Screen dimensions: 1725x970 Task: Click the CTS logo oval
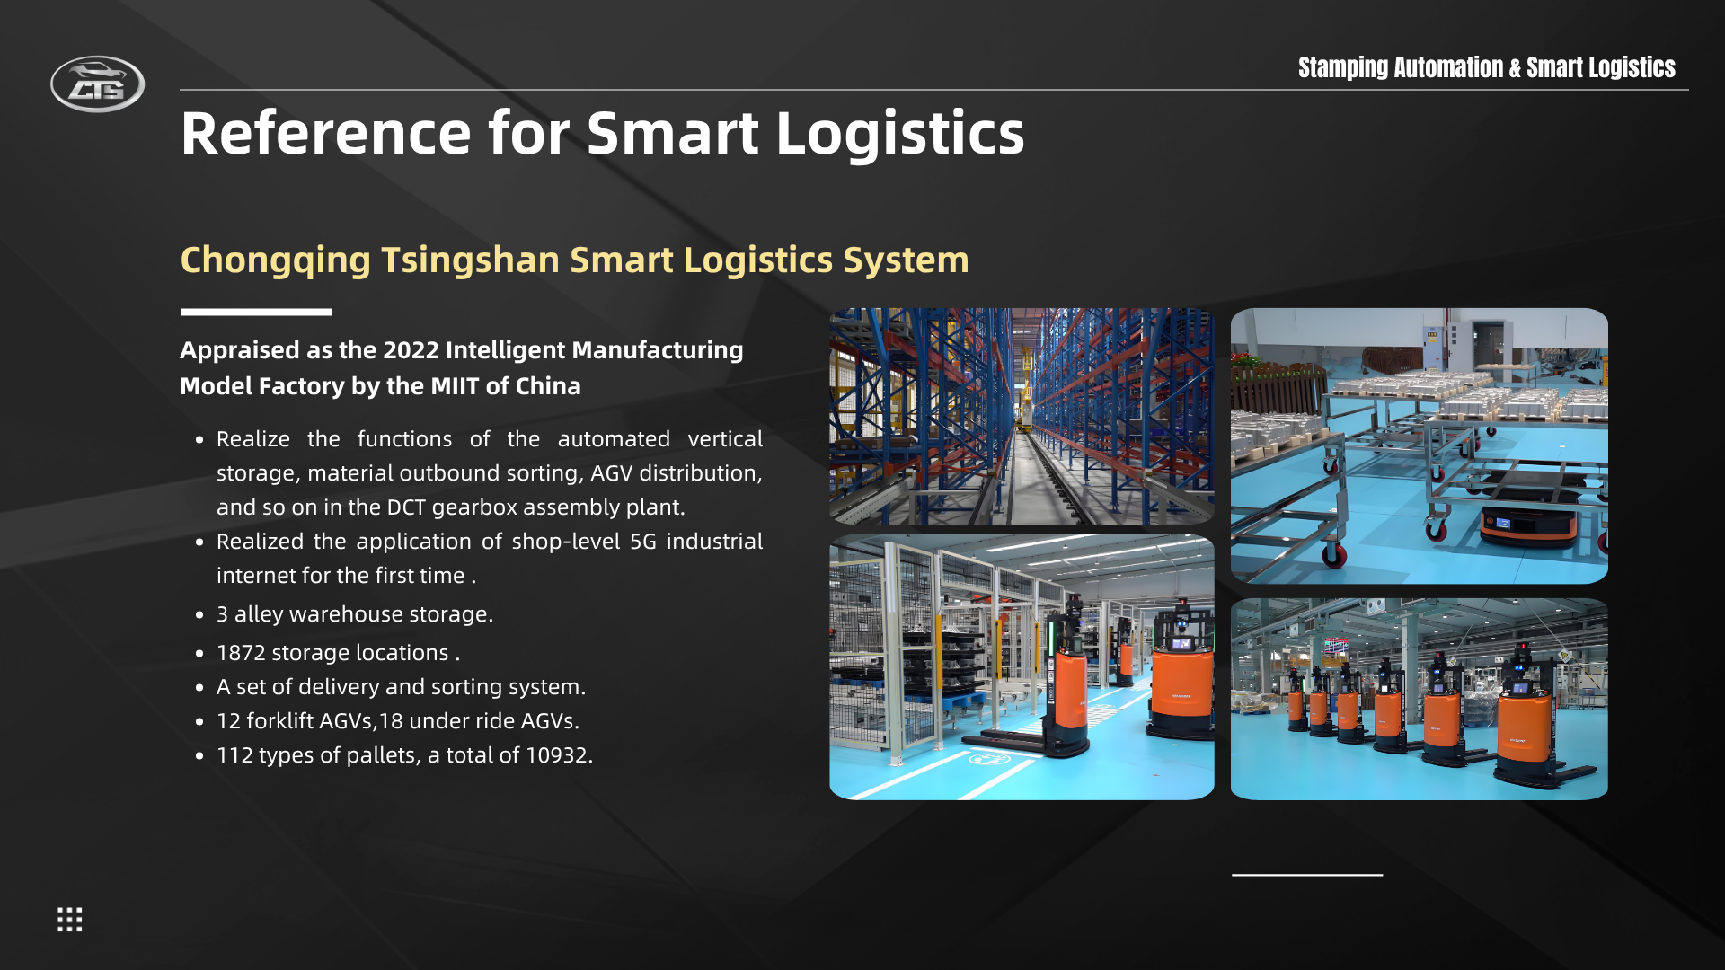click(97, 84)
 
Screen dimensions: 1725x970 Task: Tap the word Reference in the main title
click(326, 133)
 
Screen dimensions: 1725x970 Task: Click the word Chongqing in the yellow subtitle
click(276, 260)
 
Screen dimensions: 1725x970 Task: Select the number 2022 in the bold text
click(411, 349)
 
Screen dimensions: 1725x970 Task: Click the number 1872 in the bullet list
click(241, 653)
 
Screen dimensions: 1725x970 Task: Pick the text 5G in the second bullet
click(643, 542)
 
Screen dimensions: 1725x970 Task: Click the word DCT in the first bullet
click(406, 507)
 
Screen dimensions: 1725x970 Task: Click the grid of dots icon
click(70, 919)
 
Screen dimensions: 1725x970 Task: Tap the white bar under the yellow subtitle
click(256, 313)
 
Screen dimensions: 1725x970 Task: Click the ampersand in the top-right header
click(1515, 68)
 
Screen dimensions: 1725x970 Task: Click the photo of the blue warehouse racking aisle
click(1022, 416)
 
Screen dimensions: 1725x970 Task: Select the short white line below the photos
click(1307, 874)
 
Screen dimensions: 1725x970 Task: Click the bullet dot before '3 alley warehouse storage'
click(199, 615)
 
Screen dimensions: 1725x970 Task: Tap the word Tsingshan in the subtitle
click(471, 260)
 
